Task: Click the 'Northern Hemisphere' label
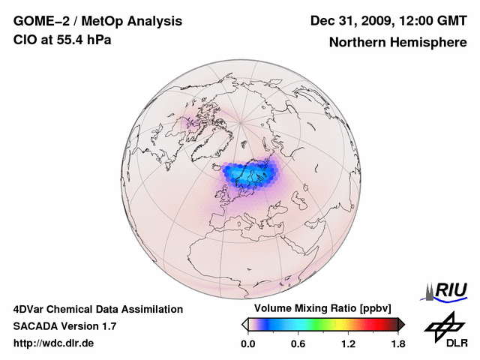(397, 42)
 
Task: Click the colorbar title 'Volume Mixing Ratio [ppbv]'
(322, 309)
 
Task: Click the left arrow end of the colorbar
(244, 324)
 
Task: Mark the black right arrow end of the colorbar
(401, 324)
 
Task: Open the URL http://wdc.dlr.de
(54, 343)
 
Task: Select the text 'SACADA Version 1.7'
(64, 326)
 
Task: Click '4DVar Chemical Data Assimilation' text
(97, 309)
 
